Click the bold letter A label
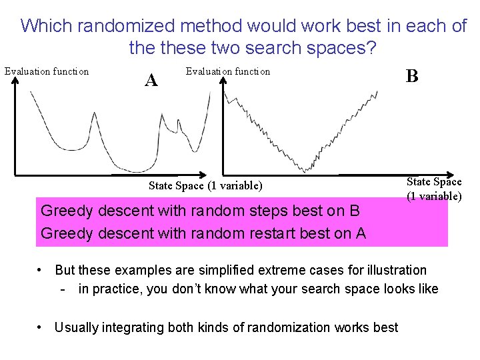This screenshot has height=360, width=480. point(151,81)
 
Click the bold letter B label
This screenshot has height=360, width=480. point(412,76)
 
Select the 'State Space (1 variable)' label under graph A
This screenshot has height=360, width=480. point(205,185)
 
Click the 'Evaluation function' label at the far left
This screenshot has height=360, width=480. point(47,71)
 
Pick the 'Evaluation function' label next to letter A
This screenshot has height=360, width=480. point(228,71)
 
